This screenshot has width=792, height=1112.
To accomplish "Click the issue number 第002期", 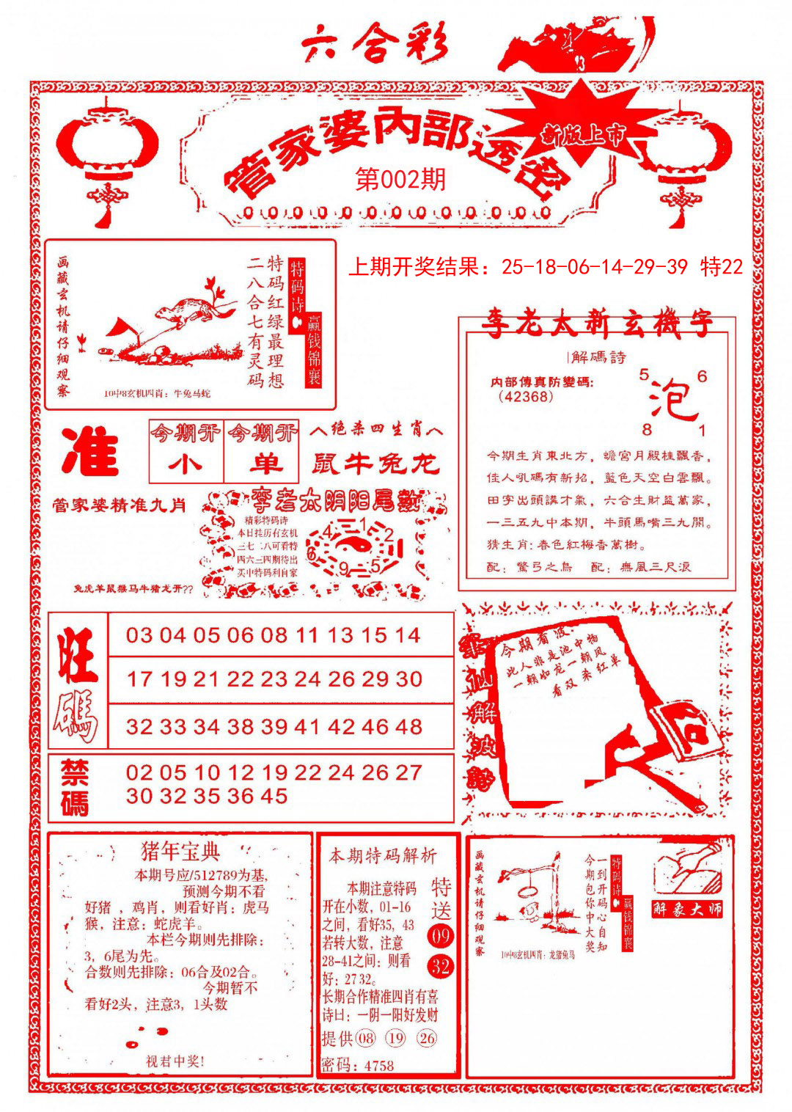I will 400,179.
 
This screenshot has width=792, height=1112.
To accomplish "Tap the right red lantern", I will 684,158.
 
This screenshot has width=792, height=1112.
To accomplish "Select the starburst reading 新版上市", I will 583,134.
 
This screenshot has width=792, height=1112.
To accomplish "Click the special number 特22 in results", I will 722,267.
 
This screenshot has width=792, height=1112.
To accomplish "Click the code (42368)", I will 525,397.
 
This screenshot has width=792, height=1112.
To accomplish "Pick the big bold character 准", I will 91,450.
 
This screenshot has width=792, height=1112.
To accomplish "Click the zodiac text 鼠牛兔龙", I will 375,464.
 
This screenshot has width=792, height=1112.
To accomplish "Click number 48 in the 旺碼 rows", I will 408,727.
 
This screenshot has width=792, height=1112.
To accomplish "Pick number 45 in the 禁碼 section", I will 274,796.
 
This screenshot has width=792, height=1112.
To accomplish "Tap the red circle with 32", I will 441,966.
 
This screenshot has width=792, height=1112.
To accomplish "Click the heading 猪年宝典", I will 180,852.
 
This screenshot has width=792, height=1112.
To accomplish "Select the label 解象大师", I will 687,910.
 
